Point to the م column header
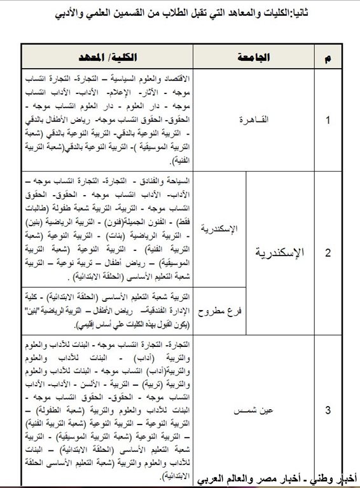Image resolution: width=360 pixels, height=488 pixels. click(x=328, y=58)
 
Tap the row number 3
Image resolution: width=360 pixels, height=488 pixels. click(x=328, y=410)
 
